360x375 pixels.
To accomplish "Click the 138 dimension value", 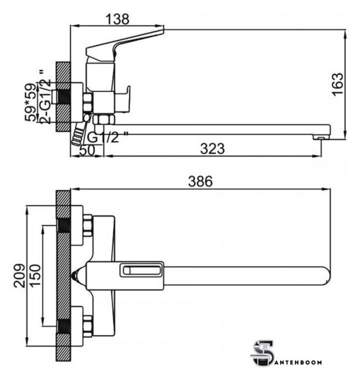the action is click(x=117, y=19).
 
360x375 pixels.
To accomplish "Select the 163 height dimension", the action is click(x=338, y=84).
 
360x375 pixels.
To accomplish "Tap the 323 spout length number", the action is click(x=212, y=148).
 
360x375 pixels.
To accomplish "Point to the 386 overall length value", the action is click(x=201, y=181).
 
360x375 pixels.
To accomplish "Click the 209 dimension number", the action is click(x=19, y=275).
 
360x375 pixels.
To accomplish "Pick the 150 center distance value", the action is click(x=35, y=275).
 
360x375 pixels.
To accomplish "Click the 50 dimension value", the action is click(x=87, y=151).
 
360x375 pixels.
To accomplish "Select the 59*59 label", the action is click(x=30, y=102).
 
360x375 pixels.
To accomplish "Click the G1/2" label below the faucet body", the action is click(x=107, y=137).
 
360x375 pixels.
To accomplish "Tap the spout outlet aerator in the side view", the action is click(x=321, y=137).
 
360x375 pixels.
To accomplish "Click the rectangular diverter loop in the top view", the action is click(x=141, y=270).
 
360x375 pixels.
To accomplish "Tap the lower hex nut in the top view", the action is click(x=87, y=326).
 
